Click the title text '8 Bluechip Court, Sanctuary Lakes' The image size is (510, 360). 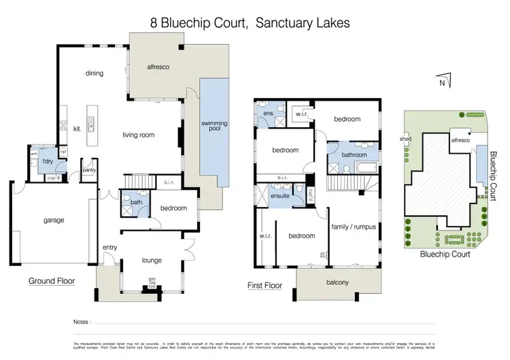click(250, 22)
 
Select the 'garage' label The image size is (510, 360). click(54, 220)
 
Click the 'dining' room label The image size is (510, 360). click(94, 74)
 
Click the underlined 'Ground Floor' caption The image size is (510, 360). click(52, 280)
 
